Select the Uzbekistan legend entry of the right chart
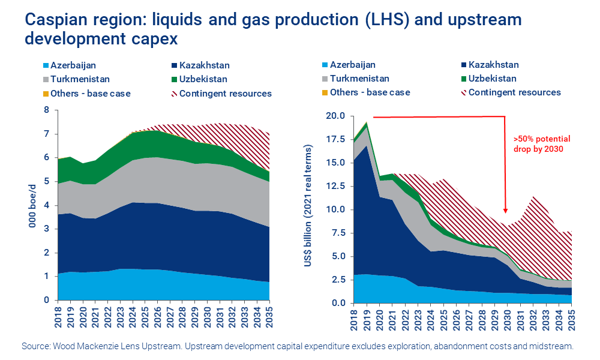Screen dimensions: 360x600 click(x=492, y=79)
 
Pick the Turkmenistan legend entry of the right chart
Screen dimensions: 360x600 click(x=359, y=79)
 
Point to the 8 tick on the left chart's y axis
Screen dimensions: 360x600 click(x=46, y=110)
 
